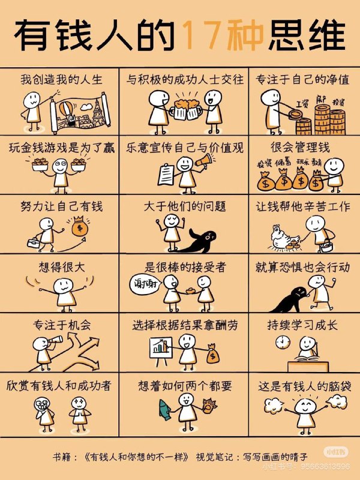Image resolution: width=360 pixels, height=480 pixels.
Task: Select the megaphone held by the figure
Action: (205, 161)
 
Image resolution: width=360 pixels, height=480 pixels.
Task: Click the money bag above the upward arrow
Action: (79, 229)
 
